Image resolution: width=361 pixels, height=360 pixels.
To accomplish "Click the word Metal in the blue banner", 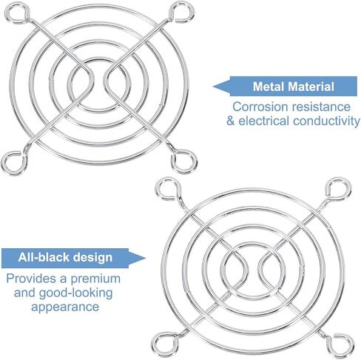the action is click(269, 87).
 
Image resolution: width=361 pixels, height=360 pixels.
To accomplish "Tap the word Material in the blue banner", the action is click(311, 87).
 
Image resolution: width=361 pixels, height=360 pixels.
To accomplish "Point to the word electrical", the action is click(263, 121).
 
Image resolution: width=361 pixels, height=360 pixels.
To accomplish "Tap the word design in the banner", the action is click(93, 258).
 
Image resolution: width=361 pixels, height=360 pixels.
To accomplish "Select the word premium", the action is click(95, 279).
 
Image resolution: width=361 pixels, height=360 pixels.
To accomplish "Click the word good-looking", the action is click(75, 293).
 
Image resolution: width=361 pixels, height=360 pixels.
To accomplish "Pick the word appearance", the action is click(65, 307).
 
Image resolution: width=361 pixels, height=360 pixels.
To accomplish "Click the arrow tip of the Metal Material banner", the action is click(214, 87).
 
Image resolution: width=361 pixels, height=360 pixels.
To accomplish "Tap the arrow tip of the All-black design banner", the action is click(146, 259).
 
